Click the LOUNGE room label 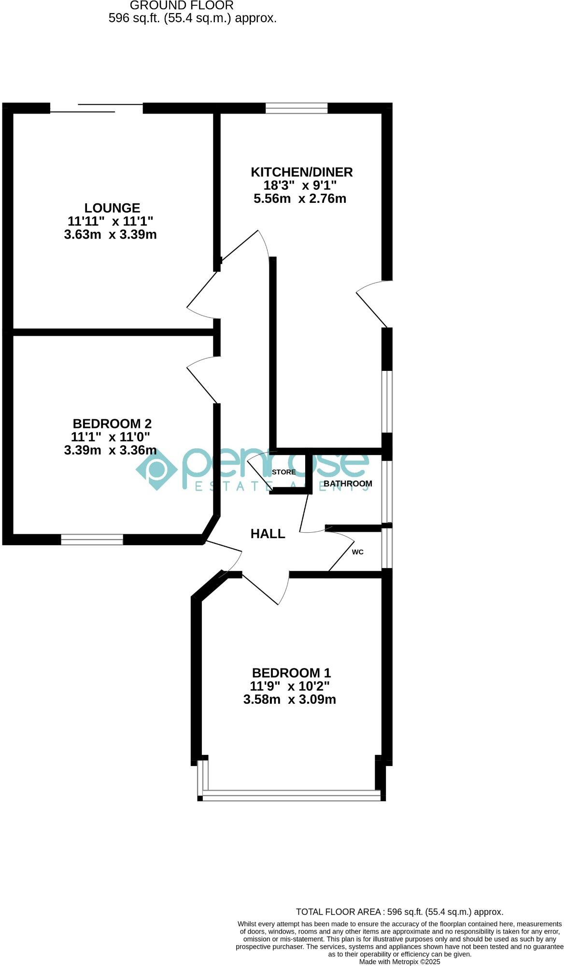coord(112,208)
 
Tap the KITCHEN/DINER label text coord(301,172)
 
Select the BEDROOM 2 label coord(112,424)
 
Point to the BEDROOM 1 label coord(291,673)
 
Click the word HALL coord(268,534)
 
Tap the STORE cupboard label coord(283,472)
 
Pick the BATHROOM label coord(348,483)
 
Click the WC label coord(357,552)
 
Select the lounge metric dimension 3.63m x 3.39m coord(110,235)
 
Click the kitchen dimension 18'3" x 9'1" coord(299,185)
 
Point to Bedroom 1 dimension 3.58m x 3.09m coord(289,699)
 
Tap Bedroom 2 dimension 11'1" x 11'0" coord(110,437)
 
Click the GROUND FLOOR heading coord(182,6)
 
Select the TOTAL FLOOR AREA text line coord(399,912)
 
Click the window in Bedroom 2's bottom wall coord(92,540)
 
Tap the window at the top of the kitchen coord(297,108)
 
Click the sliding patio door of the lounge coord(97,108)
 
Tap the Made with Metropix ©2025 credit coord(399,962)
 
